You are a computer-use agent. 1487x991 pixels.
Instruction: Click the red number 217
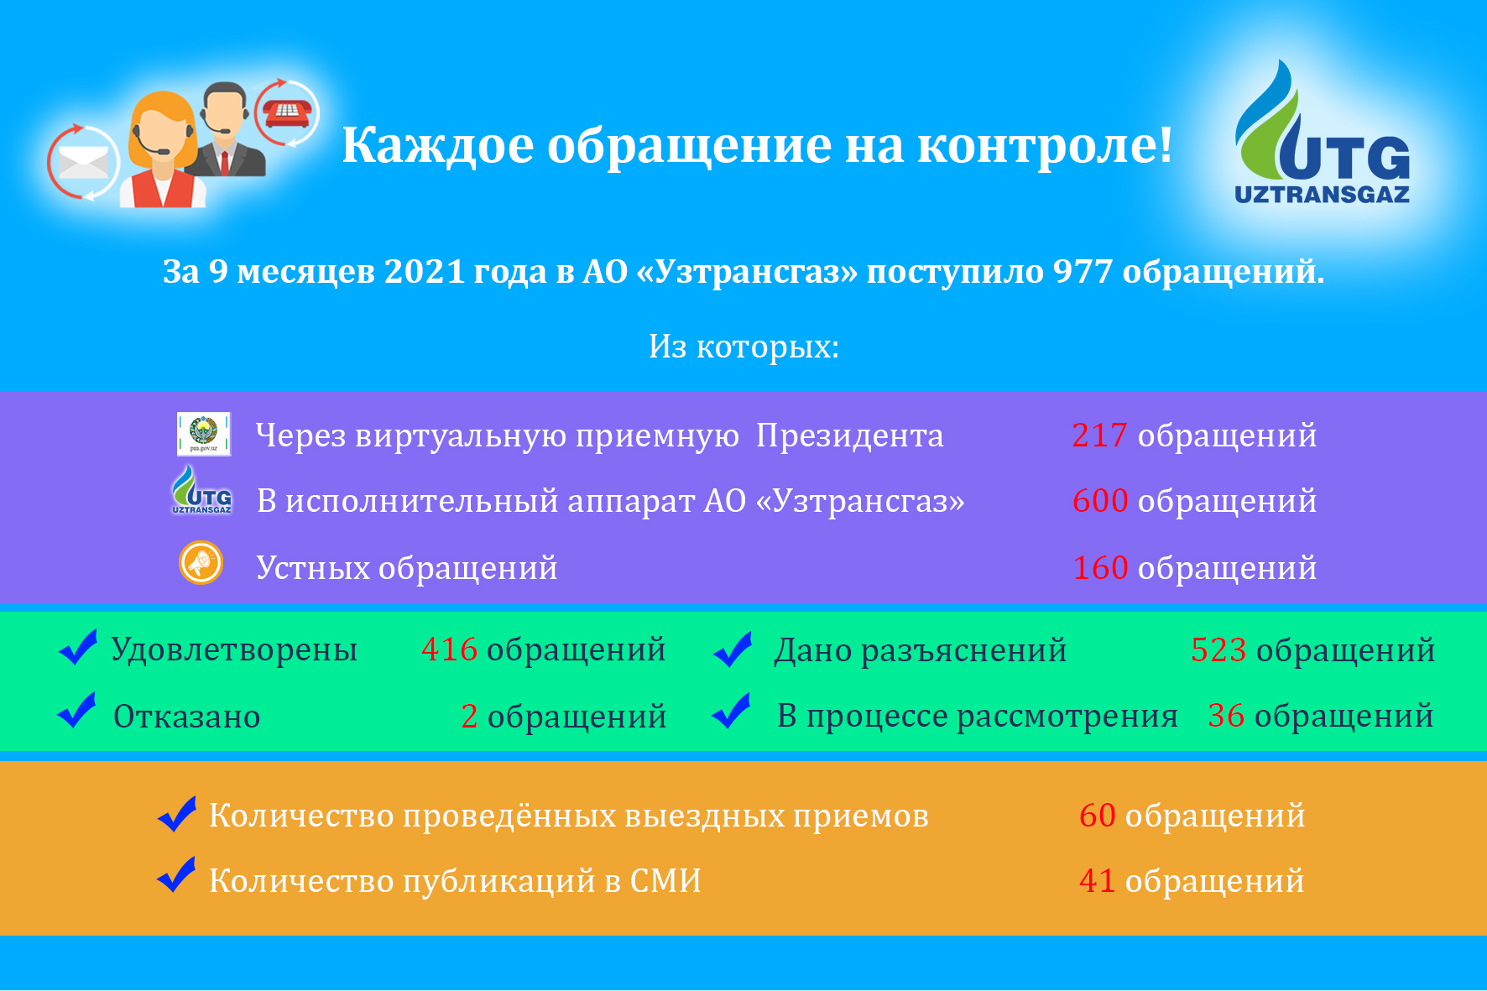pyautogui.click(x=1099, y=436)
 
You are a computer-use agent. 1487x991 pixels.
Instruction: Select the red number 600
pyautogui.click(x=1100, y=501)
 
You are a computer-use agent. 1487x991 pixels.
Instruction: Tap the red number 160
pyautogui.click(x=1100, y=568)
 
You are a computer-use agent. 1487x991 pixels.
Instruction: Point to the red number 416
pyautogui.click(x=449, y=649)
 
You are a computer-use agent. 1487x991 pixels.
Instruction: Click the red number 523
pyautogui.click(x=1218, y=650)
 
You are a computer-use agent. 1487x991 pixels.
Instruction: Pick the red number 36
pyautogui.click(x=1226, y=716)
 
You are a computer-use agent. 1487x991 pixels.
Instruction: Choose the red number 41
pyautogui.click(x=1097, y=881)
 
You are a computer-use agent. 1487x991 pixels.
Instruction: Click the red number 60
pyautogui.click(x=1097, y=816)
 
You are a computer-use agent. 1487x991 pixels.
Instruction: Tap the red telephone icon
pyautogui.click(x=287, y=112)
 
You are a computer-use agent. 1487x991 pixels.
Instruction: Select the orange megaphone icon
pyautogui.click(x=201, y=562)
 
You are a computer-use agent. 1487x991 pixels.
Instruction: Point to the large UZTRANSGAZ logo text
pyautogui.click(x=1322, y=195)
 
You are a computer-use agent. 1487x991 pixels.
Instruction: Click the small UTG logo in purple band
pyautogui.click(x=201, y=490)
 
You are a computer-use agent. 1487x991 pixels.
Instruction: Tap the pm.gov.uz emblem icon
pyautogui.click(x=204, y=434)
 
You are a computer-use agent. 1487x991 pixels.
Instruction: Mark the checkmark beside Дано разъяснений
pyautogui.click(x=733, y=649)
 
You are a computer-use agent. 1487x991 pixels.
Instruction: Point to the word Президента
pyautogui.click(x=849, y=436)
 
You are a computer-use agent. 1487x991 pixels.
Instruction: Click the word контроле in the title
pyautogui.click(x=1045, y=146)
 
